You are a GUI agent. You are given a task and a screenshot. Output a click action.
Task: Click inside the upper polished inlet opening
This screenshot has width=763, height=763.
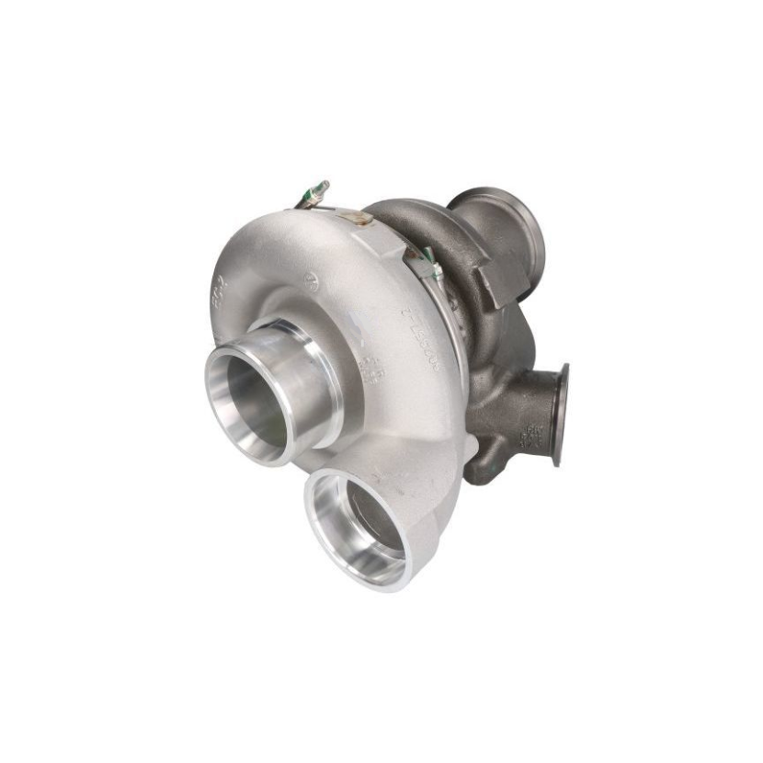(247, 405)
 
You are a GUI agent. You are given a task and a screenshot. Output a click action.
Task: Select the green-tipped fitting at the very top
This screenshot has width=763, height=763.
(316, 190)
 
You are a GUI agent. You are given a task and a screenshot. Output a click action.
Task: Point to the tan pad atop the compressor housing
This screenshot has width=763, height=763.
(359, 218)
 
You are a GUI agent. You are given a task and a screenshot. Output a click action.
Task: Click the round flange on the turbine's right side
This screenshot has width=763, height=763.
(558, 414)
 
